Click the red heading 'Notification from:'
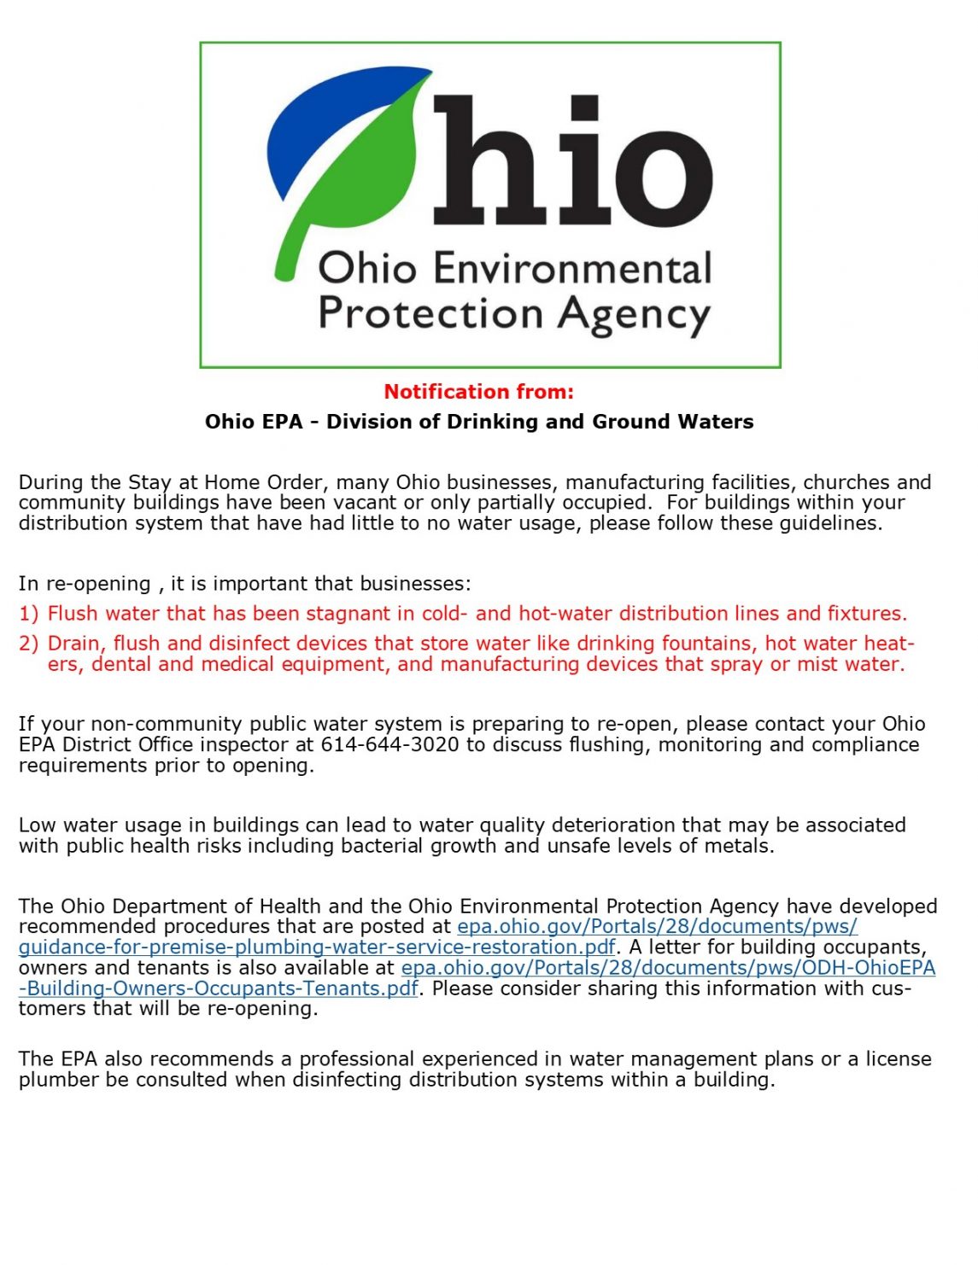point(478,392)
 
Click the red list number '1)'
point(29,614)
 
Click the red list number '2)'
point(29,644)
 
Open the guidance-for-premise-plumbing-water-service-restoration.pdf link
point(317,947)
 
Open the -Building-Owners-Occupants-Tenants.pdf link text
point(219,988)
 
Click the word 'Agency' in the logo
point(633,314)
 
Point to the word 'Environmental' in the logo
point(572,268)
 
